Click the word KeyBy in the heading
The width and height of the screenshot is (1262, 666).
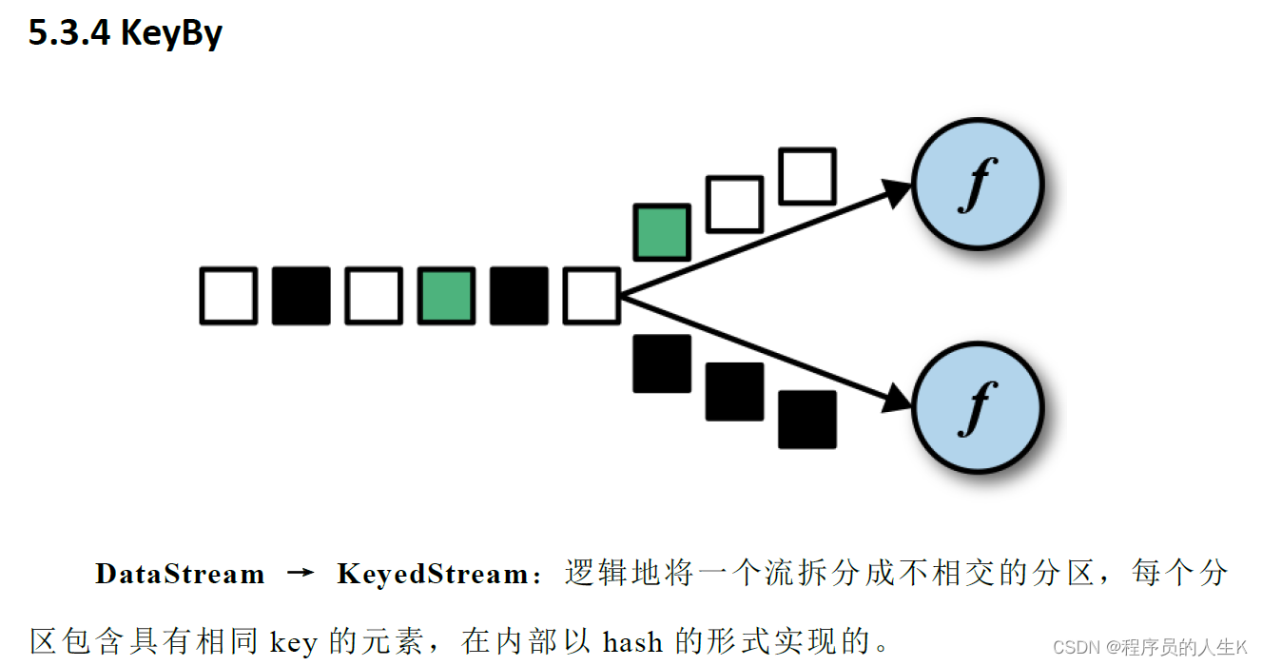pyautogui.click(x=171, y=33)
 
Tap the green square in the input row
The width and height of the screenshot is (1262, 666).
pyautogui.click(x=446, y=296)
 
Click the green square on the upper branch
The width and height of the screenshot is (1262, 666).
pyautogui.click(x=662, y=232)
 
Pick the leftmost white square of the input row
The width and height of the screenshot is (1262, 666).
pyautogui.click(x=228, y=296)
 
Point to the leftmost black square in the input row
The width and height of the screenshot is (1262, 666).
pyautogui.click(x=301, y=296)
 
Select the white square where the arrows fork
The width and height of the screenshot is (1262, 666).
pyautogui.click(x=592, y=296)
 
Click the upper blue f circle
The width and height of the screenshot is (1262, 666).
pyautogui.click(x=978, y=182)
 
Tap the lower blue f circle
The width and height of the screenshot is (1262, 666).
pyautogui.click(x=978, y=408)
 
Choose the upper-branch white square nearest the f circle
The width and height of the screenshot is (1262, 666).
pyautogui.click(x=807, y=176)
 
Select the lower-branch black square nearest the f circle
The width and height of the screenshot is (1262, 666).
pyautogui.click(x=807, y=420)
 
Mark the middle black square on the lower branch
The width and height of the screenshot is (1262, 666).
pyautogui.click(x=734, y=391)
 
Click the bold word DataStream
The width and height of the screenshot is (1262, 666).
pyautogui.click(x=180, y=575)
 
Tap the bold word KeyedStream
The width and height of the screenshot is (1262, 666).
pyautogui.click(x=433, y=575)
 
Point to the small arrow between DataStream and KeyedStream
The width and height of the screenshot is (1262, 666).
pyautogui.click(x=301, y=574)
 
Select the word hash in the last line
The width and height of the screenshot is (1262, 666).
pyautogui.click(x=632, y=642)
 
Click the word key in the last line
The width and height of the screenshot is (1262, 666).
pyautogui.click(x=293, y=643)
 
